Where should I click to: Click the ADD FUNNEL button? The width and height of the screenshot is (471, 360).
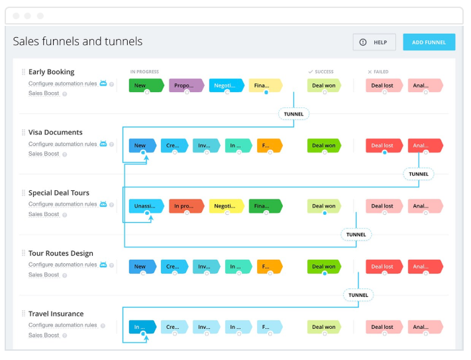tap(429, 42)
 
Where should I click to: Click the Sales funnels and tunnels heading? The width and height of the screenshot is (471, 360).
tap(78, 42)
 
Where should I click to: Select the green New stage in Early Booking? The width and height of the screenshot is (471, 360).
tap(146, 86)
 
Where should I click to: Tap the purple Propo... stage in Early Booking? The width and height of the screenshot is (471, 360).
tap(185, 86)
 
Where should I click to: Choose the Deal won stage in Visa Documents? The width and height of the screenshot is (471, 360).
tap(323, 146)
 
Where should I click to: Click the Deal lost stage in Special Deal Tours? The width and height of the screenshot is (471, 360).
tap(384, 206)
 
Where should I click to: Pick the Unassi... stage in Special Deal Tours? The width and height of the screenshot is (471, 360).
tap(146, 206)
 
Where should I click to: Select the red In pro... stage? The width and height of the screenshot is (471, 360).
tap(186, 206)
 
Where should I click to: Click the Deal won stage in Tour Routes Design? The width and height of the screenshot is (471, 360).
tap(323, 267)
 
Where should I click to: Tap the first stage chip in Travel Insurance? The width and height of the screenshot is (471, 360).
tap(142, 327)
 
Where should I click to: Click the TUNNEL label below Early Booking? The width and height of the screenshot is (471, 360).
tap(293, 114)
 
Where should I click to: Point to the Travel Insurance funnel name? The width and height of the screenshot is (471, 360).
tap(56, 314)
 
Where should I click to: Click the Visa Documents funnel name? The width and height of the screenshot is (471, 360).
tap(55, 132)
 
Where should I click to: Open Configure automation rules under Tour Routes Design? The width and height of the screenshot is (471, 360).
tap(62, 265)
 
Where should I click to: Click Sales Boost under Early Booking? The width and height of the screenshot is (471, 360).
tap(44, 93)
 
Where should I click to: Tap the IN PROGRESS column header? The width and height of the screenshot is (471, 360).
tap(144, 72)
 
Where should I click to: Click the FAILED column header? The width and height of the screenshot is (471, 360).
tap(380, 72)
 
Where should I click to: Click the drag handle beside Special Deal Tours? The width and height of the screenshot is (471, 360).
tap(23, 193)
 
